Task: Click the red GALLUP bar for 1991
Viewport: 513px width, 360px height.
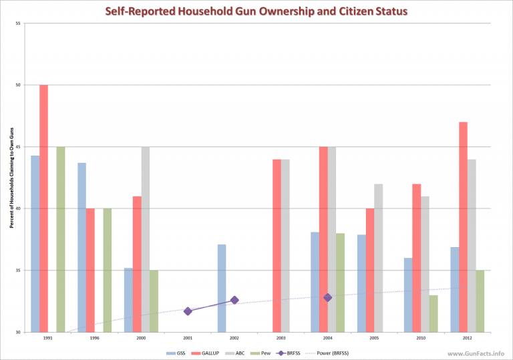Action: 44,208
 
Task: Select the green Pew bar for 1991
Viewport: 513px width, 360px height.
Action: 61,239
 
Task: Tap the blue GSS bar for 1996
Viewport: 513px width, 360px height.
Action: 82,247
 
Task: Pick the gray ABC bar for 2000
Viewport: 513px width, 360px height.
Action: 146,239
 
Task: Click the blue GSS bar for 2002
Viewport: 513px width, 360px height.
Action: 222,288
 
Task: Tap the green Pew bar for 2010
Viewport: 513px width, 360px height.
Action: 434,313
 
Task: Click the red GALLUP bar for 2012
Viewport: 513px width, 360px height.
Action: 463,227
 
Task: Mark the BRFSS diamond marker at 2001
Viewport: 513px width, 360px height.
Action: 188,311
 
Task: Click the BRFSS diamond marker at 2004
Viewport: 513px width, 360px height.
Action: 327,297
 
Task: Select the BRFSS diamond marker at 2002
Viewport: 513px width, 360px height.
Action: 234,300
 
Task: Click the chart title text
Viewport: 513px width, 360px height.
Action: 256,11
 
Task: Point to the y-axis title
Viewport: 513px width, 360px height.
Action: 11,178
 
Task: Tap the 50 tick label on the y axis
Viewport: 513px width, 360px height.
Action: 17,85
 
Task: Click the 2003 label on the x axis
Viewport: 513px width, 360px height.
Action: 281,338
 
